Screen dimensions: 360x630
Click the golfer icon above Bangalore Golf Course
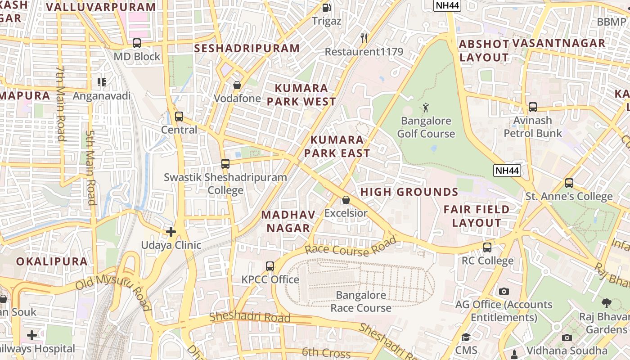(x=426, y=108)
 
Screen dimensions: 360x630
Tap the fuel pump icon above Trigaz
(x=327, y=8)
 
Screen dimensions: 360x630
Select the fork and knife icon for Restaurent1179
(x=364, y=38)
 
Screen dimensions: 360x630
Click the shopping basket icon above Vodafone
(x=237, y=85)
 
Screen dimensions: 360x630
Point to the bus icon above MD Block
(x=137, y=43)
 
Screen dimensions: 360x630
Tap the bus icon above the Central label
(x=179, y=117)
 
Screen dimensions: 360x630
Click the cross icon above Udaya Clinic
(x=171, y=232)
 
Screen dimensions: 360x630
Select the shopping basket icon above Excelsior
(x=346, y=200)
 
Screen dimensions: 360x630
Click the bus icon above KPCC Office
(x=270, y=266)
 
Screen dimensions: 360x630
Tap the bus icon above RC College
(x=487, y=247)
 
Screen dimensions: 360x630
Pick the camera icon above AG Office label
(x=504, y=291)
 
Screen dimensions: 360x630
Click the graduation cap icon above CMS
(x=466, y=337)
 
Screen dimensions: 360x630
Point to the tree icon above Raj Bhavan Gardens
(x=606, y=303)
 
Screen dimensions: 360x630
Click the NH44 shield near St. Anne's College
(x=507, y=171)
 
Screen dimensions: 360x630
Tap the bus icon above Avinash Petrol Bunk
(x=533, y=107)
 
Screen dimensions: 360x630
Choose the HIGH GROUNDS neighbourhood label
(x=409, y=192)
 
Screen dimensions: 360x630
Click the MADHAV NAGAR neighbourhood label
(x=288, y=221)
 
